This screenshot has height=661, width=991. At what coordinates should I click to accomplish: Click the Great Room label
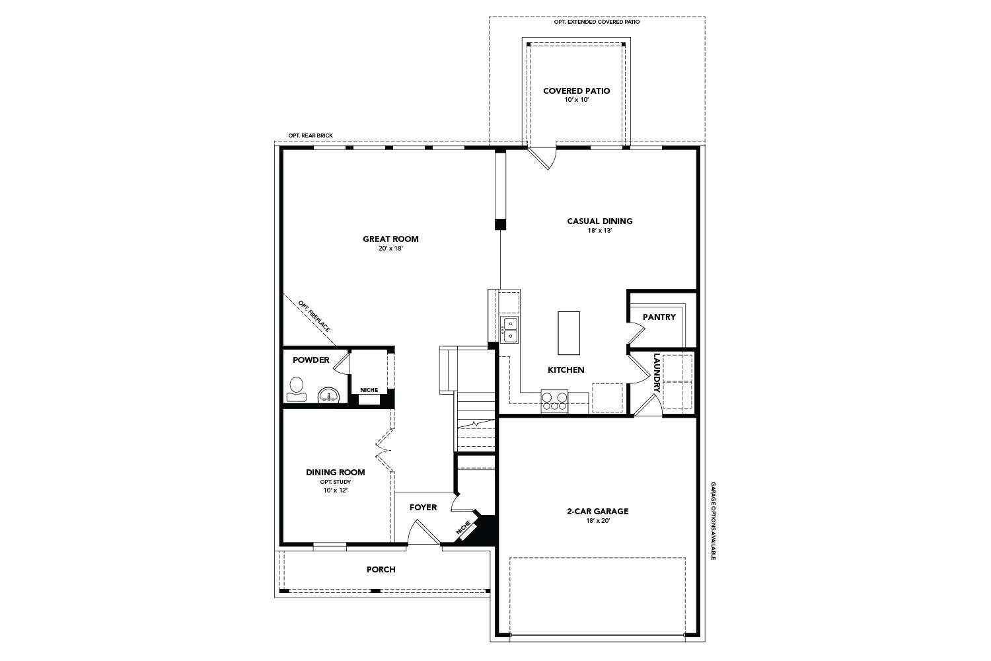pos(390,239)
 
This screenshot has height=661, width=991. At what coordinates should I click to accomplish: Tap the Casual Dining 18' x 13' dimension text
pos(599,231)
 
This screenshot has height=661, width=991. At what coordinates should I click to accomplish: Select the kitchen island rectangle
pos(569,333)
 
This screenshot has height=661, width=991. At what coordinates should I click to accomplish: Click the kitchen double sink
pos(509,330)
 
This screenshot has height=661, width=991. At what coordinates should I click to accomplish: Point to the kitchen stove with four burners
pos(554,401)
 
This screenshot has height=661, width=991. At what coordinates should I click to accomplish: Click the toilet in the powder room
pos(297,389)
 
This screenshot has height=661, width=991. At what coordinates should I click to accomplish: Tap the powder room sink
pos(328,395)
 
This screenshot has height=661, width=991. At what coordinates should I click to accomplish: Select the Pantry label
pos(659,317)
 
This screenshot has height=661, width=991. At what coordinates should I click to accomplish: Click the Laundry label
pos(657,373)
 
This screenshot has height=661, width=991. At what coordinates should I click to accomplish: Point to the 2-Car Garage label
pos(597,511)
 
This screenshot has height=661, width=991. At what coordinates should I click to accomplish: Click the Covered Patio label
pos(576,91)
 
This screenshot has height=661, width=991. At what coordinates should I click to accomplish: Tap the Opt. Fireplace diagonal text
pos(313,316)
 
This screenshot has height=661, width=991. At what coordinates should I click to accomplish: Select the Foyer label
pos(423,508)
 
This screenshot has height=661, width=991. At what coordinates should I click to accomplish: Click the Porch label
pos(381,569)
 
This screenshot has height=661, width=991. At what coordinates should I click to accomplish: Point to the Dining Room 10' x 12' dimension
pos(335,490)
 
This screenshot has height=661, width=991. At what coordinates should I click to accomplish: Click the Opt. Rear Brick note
pos(311,136)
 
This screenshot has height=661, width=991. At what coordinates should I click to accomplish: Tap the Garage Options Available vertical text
pos(714,521)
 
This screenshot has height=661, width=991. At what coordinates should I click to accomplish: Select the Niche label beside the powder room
pos(369,390)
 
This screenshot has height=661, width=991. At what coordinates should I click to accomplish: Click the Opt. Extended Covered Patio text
pos(597,22)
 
